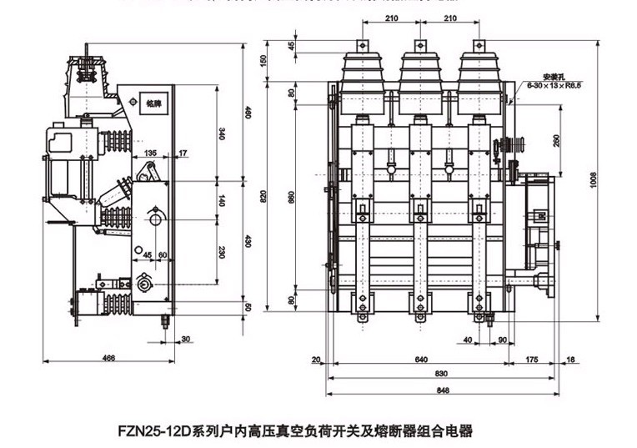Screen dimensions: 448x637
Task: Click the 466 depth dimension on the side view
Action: [108, 358]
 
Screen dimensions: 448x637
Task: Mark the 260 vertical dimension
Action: [555, 140]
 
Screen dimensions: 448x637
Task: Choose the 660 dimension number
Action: [289, 201]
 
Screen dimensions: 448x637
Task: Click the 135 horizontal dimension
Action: [150, 154]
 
